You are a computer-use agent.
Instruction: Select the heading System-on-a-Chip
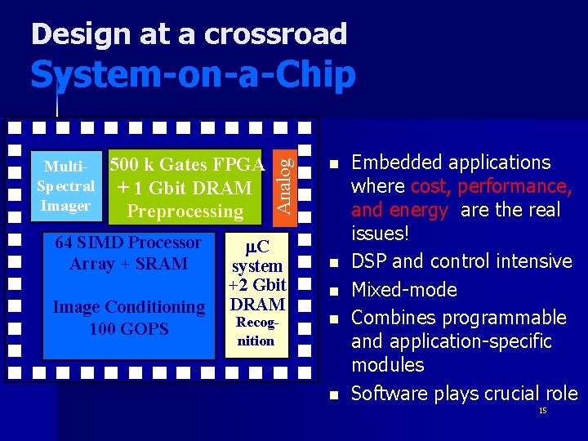coord(193,75)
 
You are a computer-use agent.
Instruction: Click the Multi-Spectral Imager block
coord(66,186)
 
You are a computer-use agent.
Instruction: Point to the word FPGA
coord(238,164)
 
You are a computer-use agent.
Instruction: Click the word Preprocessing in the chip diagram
coord(185,212)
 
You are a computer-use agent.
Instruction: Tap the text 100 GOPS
coord(129,328)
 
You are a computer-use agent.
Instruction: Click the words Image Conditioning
coord(129,307)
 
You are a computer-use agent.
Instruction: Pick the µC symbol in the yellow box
coord(256,245)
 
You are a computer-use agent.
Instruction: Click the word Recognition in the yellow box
coord(256,332)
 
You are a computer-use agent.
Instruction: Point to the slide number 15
coord(542,411)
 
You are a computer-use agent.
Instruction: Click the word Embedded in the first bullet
coord(397,163)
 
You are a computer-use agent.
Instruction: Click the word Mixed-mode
coord(403,289)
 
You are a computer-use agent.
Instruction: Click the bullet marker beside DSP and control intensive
coord(332,262)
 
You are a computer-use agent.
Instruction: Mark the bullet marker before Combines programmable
coord(332,318)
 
